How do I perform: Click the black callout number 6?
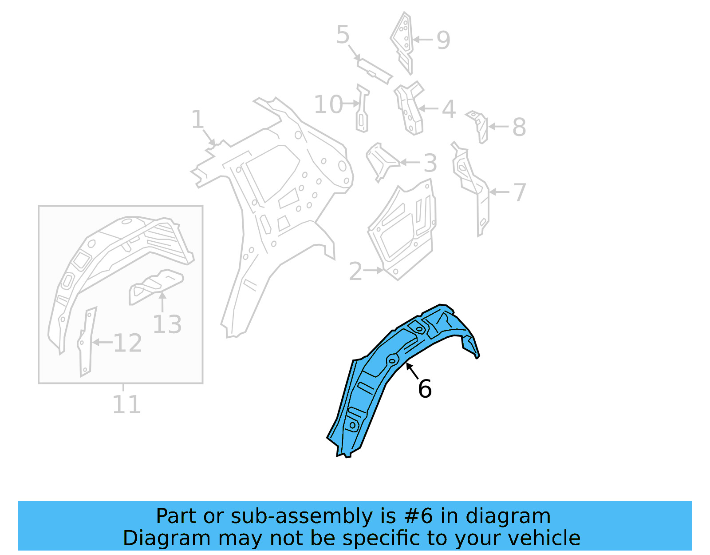(x=425, y=389)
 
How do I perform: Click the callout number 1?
(x=197, y=120)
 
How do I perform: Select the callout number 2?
(x=355, y=271)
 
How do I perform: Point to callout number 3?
(x=430, y=163)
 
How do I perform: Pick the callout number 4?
(x=449, y=109)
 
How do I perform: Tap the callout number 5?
(x=343, y=35)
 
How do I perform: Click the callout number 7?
(x=519, y=192)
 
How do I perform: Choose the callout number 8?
(x=519, y=128)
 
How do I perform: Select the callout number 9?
(x=443, y=40)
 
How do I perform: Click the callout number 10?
(x=328, y=105)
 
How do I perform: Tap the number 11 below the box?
(x=126, y=405)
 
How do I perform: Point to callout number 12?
(x=128, y=343)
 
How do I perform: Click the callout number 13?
(x=167, y=324)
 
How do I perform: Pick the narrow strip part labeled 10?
(x=363, y=109)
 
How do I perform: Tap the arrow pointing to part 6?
(x=412, y=371)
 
